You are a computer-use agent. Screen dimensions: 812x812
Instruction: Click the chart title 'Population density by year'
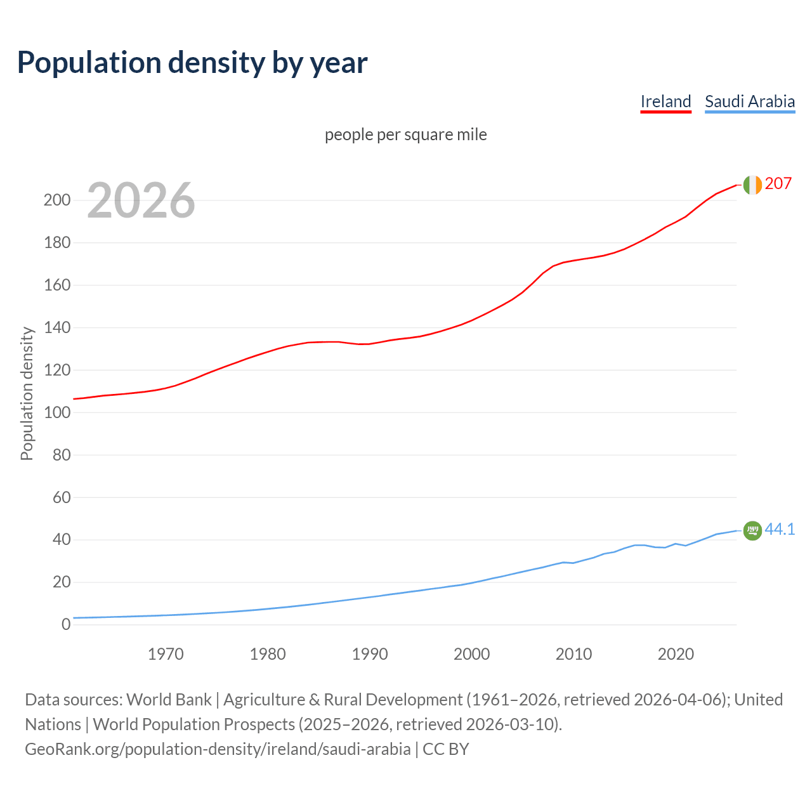pyautogui.click(x=192, y=63)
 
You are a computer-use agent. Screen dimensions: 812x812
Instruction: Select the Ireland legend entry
pyautogui.click(x=665, y=101)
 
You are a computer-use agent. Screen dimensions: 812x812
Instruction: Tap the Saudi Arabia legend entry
pyautogui.click(x=750, y=101)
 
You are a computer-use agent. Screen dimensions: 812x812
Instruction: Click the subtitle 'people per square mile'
pyautogui.click(x=406, y=135)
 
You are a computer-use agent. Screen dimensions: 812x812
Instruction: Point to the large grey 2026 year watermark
pyautogui.click(x=141, y=200)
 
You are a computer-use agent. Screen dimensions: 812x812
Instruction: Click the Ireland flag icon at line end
pyautogui.click(x=752, y=185)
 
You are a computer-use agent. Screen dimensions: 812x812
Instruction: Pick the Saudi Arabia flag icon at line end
pyautogui.click(x=752, y=530)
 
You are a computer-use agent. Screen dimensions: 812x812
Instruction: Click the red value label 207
pyautogui.click(x=778, y=184)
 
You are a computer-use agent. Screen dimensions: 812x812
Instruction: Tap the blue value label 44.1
pyautogui.click(x=780, y=530)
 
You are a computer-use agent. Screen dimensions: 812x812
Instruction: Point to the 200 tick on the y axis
pyautogui.click(x=56, y=200)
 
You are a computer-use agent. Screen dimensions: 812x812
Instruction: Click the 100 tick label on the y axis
pyautogui.click(x=56, y=412)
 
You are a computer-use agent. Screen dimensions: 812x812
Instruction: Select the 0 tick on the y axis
pyautogui.click(x=66, y=625)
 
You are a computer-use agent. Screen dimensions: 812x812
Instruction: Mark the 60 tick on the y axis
pyautogui.click(x=62, y=497)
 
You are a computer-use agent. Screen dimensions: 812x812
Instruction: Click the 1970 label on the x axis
pyautogui.click(x=166, y=654)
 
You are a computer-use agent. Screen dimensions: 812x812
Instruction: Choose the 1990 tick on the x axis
pyautogui.click(x=370, y=654)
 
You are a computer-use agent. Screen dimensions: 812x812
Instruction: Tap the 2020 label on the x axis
pyautogui.click(x=676, y=654)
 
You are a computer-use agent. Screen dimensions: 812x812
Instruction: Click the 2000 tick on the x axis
pyautogui.click(x=471, y=654)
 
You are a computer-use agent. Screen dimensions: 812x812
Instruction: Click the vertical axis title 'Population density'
pyautogui.click(x=27, y=393)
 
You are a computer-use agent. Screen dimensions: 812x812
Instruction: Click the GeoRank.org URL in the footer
pyautogui.click(x=218, y=749)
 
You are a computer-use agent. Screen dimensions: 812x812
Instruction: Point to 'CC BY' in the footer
pyautogui.click(x=446, y=749)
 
